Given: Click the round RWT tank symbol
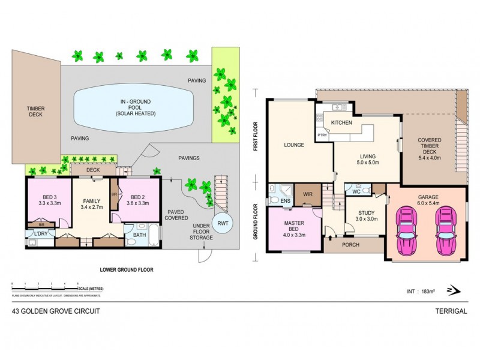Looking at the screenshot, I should click(x=223, y=224).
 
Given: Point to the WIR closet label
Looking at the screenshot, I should click(x=307, y=195).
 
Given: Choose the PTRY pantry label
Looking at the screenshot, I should click(x=323, y=135).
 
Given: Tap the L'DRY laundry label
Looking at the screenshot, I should click(x=40, y=233).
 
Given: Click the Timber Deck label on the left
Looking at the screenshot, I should click(x=35, y=112).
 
